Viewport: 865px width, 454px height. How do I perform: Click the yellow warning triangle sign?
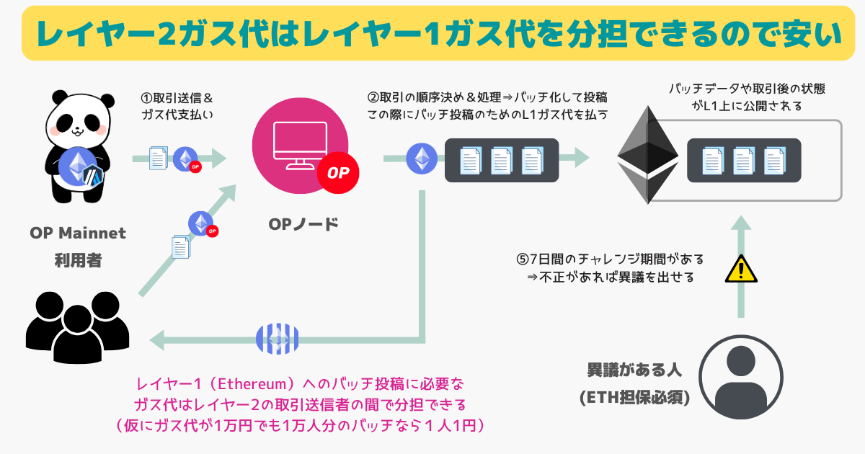click(740, 269)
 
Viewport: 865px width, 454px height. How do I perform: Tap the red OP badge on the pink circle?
click(338, 174)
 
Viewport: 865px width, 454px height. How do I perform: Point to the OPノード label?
click(303, 223)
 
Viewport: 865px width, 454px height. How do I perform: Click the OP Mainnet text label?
click(78, 233)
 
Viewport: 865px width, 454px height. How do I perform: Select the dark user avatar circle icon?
click(742, 375)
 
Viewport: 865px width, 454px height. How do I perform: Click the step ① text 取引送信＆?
click(177, 98)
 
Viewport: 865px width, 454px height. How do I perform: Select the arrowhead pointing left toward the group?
click(157, 338)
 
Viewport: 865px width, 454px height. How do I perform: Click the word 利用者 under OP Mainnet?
click(78, 260)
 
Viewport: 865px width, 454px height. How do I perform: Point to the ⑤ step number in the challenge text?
click(523, 259)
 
